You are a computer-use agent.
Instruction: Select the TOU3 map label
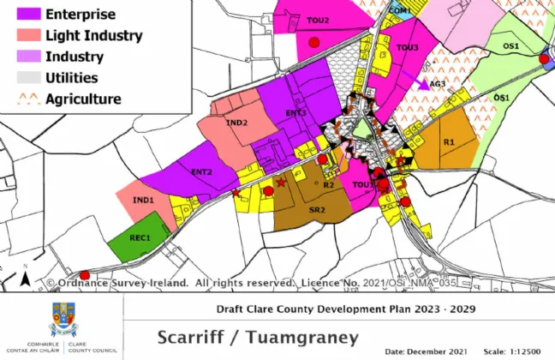tap(407, 48)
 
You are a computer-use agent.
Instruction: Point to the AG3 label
tap(439, 84)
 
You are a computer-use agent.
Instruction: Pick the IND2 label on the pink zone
tap(236, 123)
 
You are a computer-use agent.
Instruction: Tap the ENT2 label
tap(202, 172)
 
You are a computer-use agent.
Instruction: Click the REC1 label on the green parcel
tap(140, 237)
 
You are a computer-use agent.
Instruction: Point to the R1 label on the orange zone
tap(448, 142)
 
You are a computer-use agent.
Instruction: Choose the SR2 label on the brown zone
tap(318, 208)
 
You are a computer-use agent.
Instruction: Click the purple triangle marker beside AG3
tap(423, 84)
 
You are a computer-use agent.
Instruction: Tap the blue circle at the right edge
tap(545, 59)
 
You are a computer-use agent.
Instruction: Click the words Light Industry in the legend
tap(94, 36)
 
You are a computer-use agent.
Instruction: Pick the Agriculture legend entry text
tap(83, 99)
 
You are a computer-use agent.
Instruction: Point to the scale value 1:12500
tap(524, 351)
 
